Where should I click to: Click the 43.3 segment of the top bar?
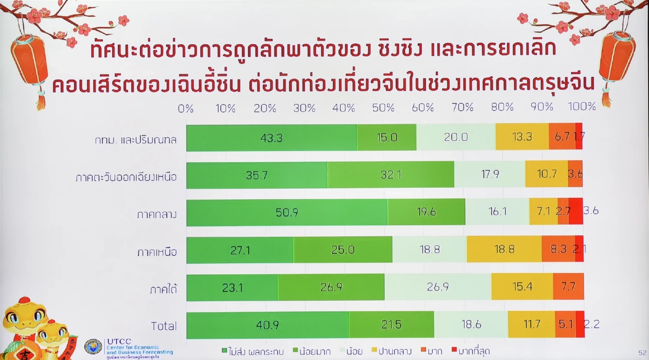tap(272, 137)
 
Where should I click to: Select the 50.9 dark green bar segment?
tap(287, 212)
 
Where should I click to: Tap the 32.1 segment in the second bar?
tap(391, 175)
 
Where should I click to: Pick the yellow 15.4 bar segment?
tap(522, 287)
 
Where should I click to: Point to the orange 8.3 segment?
tap(559, 250)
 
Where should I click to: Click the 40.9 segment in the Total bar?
tap(267, 325)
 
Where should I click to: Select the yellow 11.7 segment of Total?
tap(532, 324)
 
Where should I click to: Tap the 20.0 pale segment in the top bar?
tap(456, 137)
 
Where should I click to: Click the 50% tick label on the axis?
tap(383, 108)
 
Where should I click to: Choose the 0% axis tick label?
tap(185, 108)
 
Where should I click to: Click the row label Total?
tap(164, 326)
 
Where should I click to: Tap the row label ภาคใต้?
tap(164, 289)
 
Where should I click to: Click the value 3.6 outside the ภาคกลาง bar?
tap(591, 211)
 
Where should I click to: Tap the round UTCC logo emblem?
tap(93, 347)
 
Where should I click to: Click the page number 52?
tap(642, 352)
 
